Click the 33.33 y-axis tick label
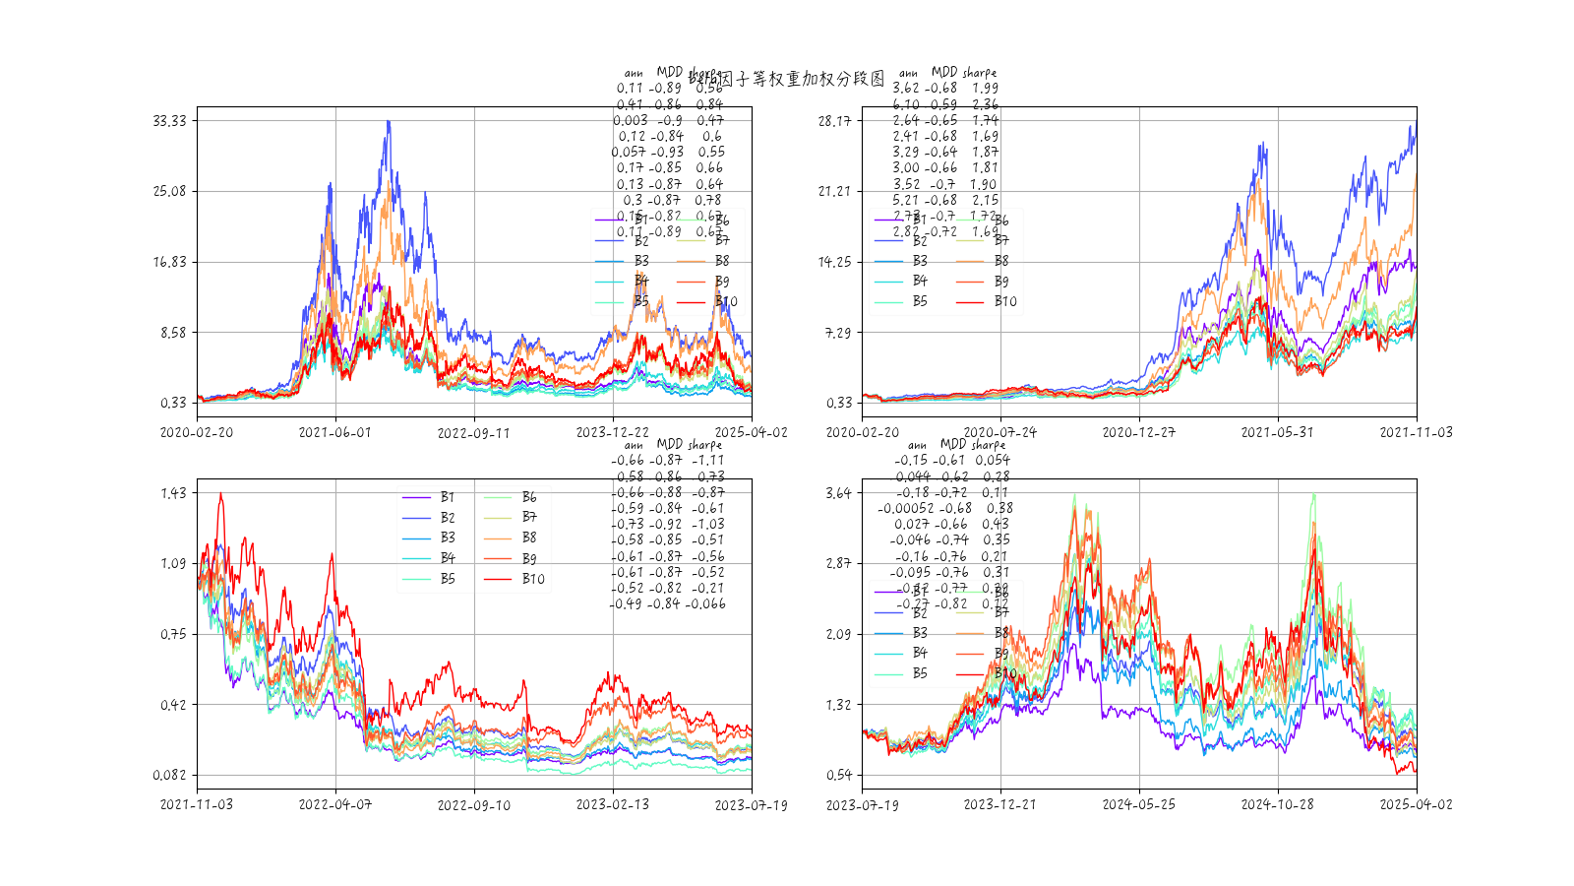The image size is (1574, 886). coord(169,121)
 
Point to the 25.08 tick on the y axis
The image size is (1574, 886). coord(169,191)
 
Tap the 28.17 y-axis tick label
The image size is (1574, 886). coord(834,121)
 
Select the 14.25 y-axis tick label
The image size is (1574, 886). coord(834,262)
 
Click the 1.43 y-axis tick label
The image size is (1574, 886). coord(173,493)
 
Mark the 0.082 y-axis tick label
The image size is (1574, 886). coord(169,776)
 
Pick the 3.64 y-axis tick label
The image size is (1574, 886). coord(838,493)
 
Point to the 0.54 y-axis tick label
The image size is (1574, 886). coord(838,776)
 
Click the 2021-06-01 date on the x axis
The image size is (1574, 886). coord(335,432)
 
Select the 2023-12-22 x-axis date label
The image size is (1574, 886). coord(612,432)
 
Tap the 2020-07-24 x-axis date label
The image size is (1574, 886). coord(1000,432)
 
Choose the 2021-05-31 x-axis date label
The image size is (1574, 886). coord(1277,432)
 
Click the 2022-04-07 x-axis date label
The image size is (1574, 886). coord(335,804)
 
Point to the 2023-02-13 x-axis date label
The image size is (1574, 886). coord(612,804)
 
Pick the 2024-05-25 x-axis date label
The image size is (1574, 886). coord(1139,804)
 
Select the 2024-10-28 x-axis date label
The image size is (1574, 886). coord(1277,804)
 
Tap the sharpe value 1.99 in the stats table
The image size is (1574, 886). coord(985,89)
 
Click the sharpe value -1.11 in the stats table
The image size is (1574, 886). coord(707,461)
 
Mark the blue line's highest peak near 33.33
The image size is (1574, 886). coord(389,122)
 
